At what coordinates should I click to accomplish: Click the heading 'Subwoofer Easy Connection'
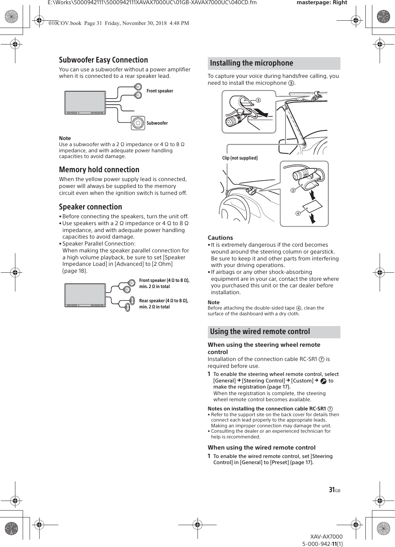pyautogui.click(x=103, y=60)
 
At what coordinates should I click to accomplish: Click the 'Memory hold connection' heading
pyautogui.click(x=99, y=170)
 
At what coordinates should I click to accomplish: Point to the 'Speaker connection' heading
pyautogui.click(x=90, y=207)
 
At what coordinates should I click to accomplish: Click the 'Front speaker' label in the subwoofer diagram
pyautogui.click(x=160, y=91)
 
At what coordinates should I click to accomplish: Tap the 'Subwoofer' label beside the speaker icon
pyautogui.click(x=157, y=123)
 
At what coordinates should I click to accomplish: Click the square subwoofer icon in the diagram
pyautogui.click(x=138, y=123)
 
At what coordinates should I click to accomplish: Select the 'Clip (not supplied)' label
pyautogui.click(x=240, y=158)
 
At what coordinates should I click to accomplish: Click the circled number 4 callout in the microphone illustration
pyautogui.click(x=297, y=213)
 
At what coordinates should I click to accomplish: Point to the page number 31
pyautogui.click(x=332, y=490)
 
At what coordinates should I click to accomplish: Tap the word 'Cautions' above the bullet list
pyautogui.click(x=220, y=238)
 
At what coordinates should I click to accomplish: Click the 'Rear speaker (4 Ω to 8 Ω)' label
pyautogui.click(x=164, y=301)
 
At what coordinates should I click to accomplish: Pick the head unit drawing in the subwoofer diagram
pyautogui.click(x=85, y=103)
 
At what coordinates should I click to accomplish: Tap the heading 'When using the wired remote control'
pyautogui.click(x=261, y=448)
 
